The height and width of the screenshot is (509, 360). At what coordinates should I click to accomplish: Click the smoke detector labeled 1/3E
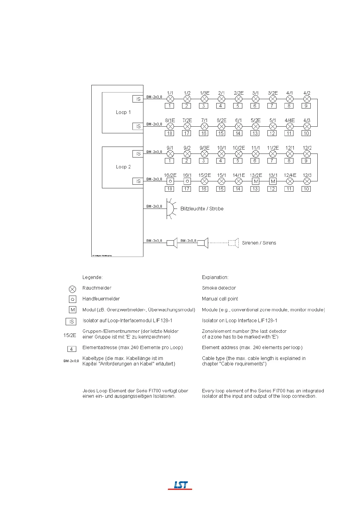coord(205,99)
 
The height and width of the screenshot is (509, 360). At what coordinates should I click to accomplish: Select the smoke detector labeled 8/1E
coord(170,126)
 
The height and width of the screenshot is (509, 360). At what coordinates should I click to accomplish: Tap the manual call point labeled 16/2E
coord(170,181)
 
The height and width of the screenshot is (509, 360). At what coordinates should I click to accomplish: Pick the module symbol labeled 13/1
coord(273,181)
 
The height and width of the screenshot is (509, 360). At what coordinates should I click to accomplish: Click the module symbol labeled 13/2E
coord(256,181)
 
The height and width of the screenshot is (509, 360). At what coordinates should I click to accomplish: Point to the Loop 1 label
coord(123,112)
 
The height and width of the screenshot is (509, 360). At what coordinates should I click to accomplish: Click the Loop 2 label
coord(123,167)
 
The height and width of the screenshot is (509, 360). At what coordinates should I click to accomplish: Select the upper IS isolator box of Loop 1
coord(138,99)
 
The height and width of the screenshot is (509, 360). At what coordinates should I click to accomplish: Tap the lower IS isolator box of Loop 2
coord(138,181)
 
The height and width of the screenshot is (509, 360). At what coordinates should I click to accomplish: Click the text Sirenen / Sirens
coord(259,243)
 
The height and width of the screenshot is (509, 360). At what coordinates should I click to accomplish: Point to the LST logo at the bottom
coord(180,485)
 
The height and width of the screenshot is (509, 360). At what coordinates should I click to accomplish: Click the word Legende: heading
coord(93,277)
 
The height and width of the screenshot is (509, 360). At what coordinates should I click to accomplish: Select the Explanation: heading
coord(215,277)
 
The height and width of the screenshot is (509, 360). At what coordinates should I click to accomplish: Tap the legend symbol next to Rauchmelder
coord(72,289)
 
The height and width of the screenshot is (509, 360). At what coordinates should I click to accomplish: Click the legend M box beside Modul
coord(73,310)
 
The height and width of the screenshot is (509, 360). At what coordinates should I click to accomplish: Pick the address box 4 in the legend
coord(71,349)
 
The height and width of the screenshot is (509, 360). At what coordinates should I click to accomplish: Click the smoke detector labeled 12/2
coord(307,154)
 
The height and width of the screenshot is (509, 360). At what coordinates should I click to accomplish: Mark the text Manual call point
coord(220,299)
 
